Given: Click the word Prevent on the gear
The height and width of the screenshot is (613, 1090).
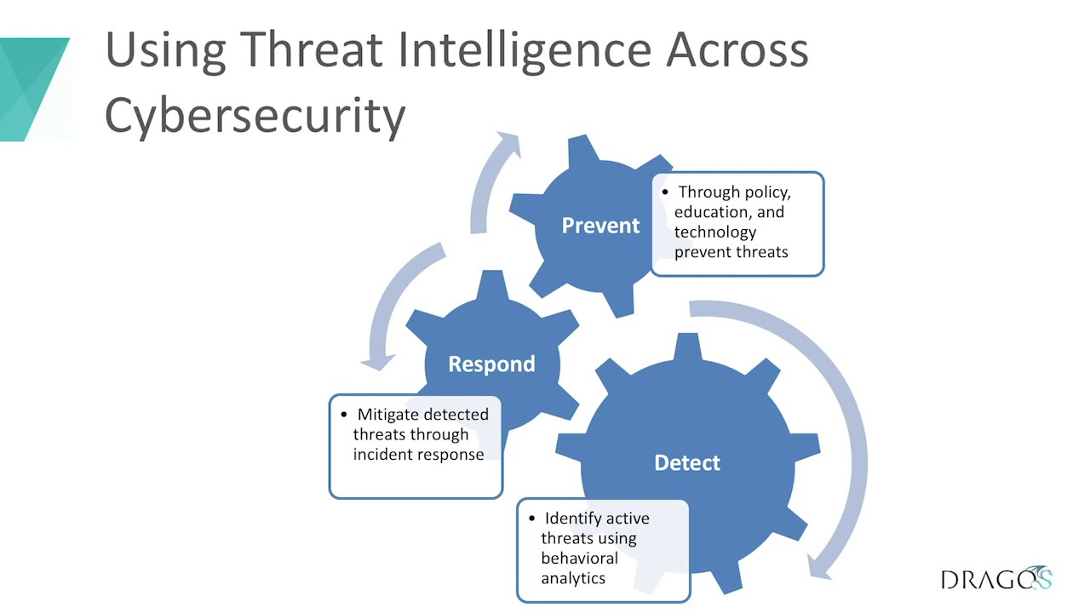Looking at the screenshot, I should click(x=600, y=226).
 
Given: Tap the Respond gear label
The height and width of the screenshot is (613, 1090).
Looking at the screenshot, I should click(x=491, y=364).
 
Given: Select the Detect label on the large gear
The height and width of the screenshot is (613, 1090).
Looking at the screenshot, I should click(x=686, y=463).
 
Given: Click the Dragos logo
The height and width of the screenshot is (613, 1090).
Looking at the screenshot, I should click(x=996, y=579).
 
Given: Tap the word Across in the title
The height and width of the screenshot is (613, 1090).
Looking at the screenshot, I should click(x=737, y=49).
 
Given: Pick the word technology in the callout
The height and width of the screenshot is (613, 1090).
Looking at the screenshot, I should click(x=715, y=232).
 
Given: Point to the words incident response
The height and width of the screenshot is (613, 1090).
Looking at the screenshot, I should click(x=418, y=454).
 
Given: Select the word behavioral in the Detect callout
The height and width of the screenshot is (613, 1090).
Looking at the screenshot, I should click(x=579, y=559).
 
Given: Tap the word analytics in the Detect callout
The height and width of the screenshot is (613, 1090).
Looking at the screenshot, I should click(x=573, y=578).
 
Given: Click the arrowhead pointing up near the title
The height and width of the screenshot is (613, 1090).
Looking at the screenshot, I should click(x=508, y=146).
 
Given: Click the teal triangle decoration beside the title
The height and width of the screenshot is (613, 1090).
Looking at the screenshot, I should click(x=34, y=85).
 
